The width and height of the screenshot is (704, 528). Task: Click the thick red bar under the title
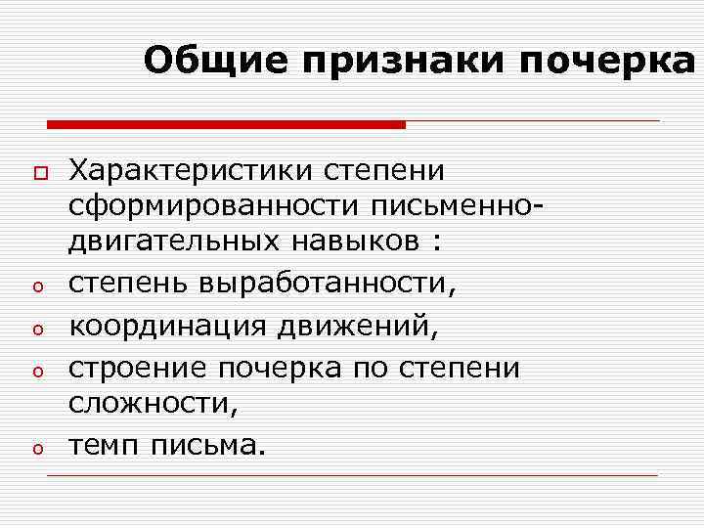point(226,124)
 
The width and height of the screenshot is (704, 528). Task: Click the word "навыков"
point(368,242)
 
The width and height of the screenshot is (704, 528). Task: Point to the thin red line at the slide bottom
point(352,476)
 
